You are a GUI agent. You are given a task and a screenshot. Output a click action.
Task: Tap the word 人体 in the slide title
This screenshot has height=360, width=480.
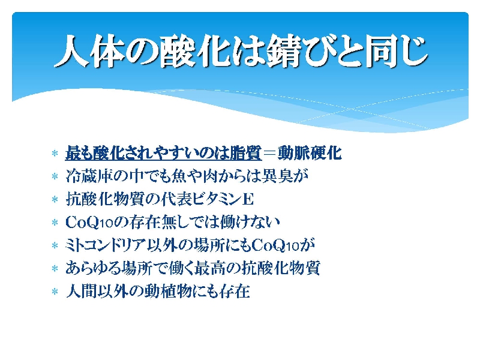(x=89, y=51)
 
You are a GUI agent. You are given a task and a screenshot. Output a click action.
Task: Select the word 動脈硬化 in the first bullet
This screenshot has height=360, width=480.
(x=310, y=153)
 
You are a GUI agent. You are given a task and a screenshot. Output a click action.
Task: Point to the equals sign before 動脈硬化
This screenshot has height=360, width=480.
(x=270, y=153)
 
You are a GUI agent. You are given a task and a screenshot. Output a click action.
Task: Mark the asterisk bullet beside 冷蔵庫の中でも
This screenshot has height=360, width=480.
(x=55, y=176)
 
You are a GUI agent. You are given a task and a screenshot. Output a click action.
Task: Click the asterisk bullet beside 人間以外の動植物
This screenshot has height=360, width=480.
(x=55, y=292)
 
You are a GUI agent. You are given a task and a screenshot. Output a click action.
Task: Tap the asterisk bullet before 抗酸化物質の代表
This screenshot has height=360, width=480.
(x=55, y=200)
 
